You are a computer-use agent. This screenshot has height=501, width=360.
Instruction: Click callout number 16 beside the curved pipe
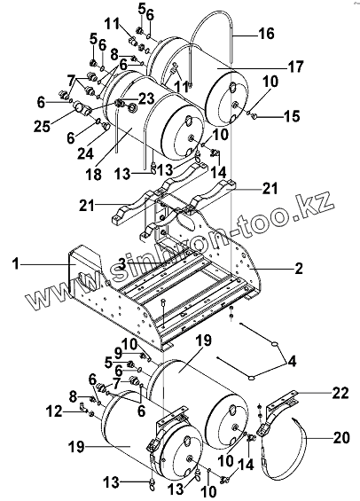(x=267, y=33)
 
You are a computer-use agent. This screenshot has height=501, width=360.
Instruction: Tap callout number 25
(x=43, y=127)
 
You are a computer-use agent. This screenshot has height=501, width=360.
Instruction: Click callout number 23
(x=145, y=98)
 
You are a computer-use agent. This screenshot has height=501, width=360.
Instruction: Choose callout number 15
(x=293, y=116)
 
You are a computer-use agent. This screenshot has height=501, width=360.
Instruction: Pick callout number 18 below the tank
(x=94, y=174)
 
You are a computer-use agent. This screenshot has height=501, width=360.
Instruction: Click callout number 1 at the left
(x=16, y=264)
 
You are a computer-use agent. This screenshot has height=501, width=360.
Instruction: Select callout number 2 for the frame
(x=298, y=269)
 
